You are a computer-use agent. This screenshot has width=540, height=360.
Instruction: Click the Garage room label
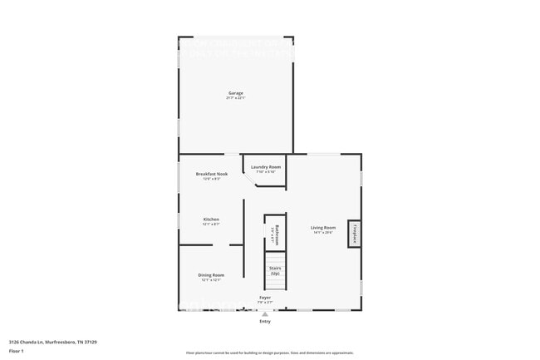click(237, 92)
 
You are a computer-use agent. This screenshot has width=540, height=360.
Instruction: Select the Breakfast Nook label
click(211, 174)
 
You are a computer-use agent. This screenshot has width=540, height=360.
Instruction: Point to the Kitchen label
click(211, 219)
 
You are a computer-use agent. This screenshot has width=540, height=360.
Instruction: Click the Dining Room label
click(211, 275)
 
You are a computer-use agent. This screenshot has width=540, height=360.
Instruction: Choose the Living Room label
click(323, 228)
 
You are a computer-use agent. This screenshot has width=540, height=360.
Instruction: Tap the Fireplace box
click(354, 234)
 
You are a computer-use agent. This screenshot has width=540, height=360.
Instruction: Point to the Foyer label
click(265, 297)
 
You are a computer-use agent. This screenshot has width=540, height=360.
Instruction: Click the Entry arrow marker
click(265, 313)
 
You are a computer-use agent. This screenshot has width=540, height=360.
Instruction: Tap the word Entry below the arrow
click(265, 321)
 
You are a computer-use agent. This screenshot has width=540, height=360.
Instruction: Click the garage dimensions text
click(237, 98)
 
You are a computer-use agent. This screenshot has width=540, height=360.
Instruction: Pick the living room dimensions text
click(323, 233)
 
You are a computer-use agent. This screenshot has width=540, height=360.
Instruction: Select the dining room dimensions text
click(211, 280)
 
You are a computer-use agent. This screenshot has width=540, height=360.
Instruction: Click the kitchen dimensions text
click(211, 224)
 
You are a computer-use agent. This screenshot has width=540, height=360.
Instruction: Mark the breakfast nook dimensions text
click(211, 179)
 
